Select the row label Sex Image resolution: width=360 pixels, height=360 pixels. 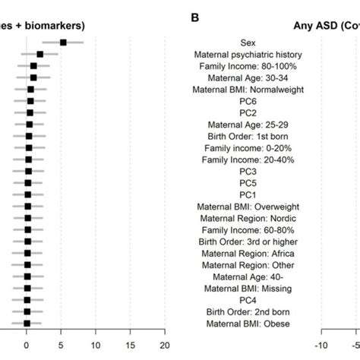(248, 43)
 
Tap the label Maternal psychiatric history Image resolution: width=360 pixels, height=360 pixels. (248, 55)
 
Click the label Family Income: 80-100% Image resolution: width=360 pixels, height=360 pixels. (248, 67)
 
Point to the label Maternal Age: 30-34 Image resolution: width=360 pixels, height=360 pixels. (248, 78)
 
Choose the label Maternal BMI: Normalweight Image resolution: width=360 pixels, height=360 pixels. (248, 90)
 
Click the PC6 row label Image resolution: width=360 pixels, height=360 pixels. (248, 102)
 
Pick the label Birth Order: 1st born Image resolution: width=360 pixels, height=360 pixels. (248, 137)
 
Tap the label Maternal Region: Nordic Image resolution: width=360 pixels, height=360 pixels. (248, 218)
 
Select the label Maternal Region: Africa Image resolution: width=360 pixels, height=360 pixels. (248, 253)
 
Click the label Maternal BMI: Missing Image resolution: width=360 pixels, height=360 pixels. (248, 288)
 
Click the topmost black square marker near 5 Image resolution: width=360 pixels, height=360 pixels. (63, 43)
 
